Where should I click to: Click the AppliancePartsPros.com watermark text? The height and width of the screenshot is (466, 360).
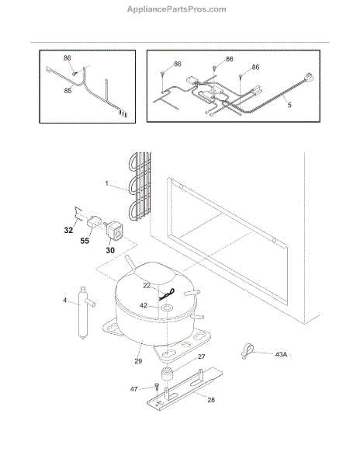pyautogui.click(x=177, y=9)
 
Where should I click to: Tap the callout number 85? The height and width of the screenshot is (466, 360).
pyautogui.click(x=67, y=90)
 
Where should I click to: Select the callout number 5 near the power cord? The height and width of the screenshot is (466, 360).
pyautogui.click(x=289, y=105)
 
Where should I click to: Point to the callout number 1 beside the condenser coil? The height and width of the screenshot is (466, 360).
pyautogui.click(x=107, y=183)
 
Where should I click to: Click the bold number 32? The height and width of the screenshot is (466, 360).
pyautogui.click(x=68, y=230)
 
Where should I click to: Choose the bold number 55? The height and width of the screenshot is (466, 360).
pyautogui.click(x=85, y=241)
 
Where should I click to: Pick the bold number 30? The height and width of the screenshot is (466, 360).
pyautogui.click(x=110, y=250)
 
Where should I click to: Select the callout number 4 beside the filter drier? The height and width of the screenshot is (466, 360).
pyautogui.click(x=64, y=300)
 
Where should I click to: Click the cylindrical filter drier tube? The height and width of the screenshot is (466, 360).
pyautogui.click(x=83, y=312)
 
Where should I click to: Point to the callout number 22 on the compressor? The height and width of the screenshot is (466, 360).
pyautogui.click(x=147, y=286)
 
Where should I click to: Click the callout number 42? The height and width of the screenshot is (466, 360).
pyautogui.click(x=144, y=305)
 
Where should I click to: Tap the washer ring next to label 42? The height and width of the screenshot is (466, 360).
pyautogui.click(x=167, y=308)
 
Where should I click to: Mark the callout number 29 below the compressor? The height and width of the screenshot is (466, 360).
pyautogui.click(x=138, y=361)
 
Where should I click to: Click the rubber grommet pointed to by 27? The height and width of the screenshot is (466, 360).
pyautogui.click(x=167, y=374)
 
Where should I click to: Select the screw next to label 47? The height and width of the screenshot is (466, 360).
pyautogui.click(x=157, y=388)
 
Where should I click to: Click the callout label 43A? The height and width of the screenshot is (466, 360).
pyautogui.click(x=281, y=355)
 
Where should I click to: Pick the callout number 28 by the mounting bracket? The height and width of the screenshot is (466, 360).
pyautogui.click(x=211, y=400)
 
